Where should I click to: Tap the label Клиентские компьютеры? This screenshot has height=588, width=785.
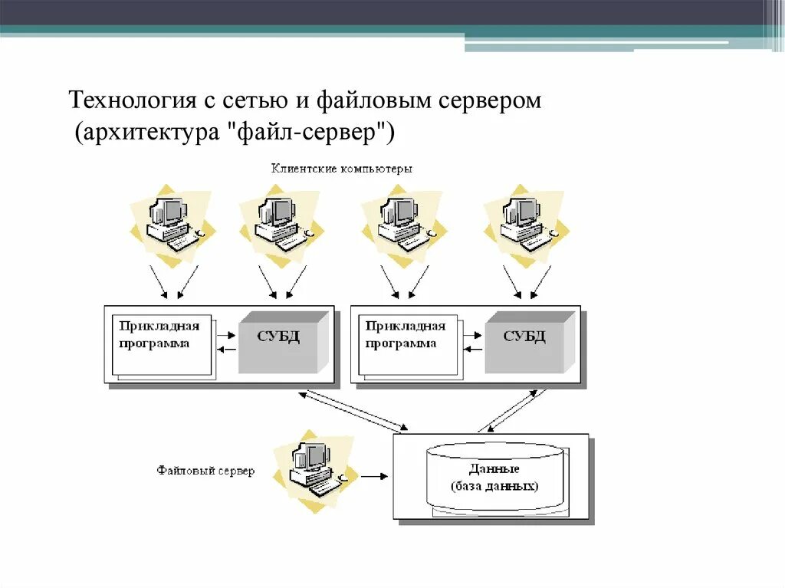click(341, 169)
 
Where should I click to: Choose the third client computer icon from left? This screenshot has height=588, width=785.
click(401, 223)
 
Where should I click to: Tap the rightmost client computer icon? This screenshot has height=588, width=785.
click(524, 223)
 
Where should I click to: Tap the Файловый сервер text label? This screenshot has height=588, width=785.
click(205, 471)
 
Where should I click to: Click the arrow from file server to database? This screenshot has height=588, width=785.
click(374, 476)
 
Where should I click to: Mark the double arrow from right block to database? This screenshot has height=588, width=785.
click(513, 411)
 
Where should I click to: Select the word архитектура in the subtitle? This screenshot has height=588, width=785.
click(144, 133)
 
